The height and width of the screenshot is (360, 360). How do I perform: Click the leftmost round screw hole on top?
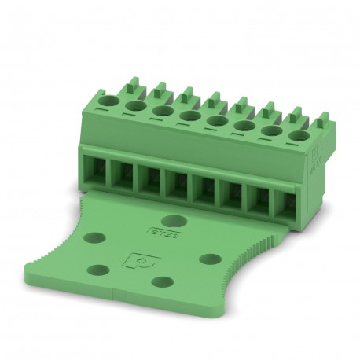point(112,101)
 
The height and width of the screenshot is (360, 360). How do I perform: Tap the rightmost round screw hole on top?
point(299,135)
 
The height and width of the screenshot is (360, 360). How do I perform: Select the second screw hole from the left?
point(135,105)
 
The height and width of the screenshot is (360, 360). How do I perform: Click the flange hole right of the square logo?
point(208,257)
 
